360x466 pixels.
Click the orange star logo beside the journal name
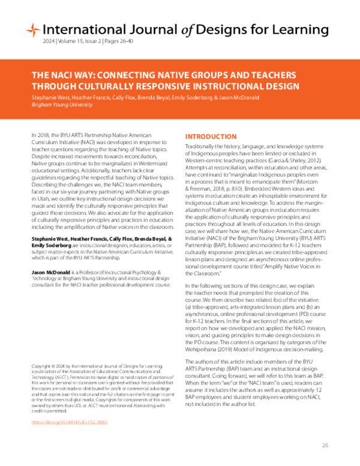coord(33,29)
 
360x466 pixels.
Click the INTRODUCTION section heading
coord(211,137)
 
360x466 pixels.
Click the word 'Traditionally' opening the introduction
coord(202,147)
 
